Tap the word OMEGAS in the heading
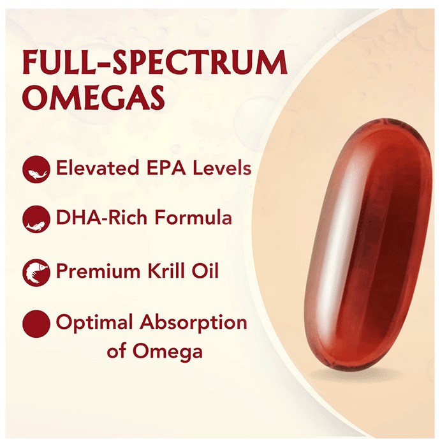coord(94,96)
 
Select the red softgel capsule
coord(368,246)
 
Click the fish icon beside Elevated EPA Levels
coord(36,169)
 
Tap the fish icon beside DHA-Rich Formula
coord(36,220)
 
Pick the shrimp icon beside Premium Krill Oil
coord(36,273)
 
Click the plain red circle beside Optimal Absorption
coord(36,324)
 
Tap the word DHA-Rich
coord(101,218)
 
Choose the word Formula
coord(193,218)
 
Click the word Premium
coord(98,271)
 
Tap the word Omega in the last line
coord(167,352)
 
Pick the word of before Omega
coord(117,351)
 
